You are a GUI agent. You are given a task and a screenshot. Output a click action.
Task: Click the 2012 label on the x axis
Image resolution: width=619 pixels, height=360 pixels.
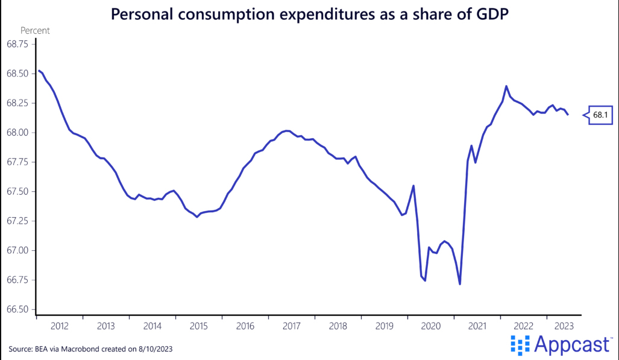60,326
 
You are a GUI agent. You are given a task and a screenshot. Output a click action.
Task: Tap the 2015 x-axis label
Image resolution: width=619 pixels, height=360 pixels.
199,326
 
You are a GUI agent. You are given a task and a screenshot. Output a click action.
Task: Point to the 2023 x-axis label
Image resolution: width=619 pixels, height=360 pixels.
564,326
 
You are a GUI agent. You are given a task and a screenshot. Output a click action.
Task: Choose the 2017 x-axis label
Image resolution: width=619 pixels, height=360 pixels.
292,326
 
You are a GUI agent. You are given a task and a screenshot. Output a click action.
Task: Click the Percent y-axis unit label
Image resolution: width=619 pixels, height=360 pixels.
35,30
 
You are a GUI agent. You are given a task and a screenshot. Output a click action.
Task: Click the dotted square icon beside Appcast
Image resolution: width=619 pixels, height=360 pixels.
520,345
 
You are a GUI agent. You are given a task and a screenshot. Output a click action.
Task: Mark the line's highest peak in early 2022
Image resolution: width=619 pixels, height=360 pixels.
506,86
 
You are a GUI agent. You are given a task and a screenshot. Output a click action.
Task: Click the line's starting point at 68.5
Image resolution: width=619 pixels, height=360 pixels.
39,71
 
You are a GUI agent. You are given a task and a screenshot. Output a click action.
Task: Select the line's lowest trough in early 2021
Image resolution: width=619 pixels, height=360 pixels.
460,284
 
